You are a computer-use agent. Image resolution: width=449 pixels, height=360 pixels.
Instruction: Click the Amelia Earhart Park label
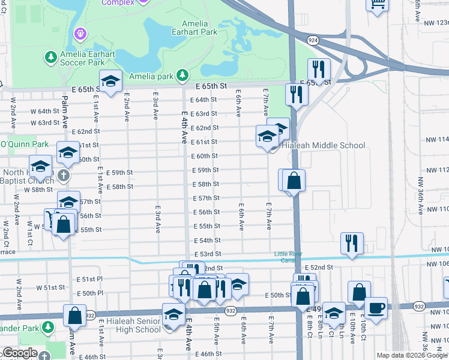click(191, 28)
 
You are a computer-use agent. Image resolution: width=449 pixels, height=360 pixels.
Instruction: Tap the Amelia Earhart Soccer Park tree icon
click(51, 57)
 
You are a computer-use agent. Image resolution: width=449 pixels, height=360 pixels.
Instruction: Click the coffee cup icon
click(376, 308)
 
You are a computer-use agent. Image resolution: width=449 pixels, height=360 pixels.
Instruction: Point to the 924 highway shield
click(313, 40)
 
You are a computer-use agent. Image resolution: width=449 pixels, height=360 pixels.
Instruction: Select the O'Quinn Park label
click(24, 144)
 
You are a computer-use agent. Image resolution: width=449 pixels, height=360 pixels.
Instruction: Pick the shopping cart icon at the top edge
click(377, 4)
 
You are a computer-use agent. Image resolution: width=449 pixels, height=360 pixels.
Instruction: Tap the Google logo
click(20, 353)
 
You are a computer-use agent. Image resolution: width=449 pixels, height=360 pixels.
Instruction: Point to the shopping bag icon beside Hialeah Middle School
click(294, 180)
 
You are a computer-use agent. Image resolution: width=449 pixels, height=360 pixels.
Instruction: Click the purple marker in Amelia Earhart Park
click(80, 32)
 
